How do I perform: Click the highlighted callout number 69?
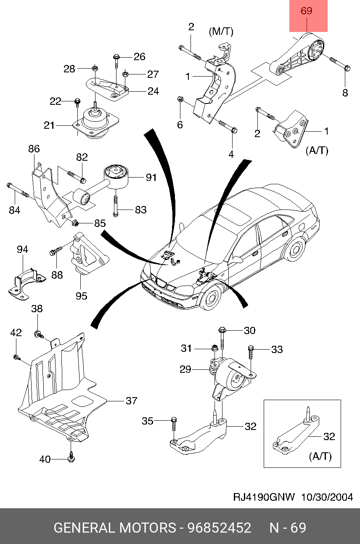(306, 11)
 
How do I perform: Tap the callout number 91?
(151, 178)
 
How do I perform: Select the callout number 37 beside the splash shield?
(132, 401)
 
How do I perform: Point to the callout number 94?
(23, 249)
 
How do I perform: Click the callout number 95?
(81, 296)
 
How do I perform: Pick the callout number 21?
(49, 125)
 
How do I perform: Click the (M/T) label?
(221, 32)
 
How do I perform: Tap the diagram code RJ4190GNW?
(264, 497)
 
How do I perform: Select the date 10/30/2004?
(327, 497)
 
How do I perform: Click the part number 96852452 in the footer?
(220, 528)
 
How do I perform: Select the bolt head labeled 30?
(222, 330)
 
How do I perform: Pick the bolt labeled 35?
(174, 424)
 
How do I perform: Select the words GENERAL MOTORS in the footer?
(114, 528)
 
